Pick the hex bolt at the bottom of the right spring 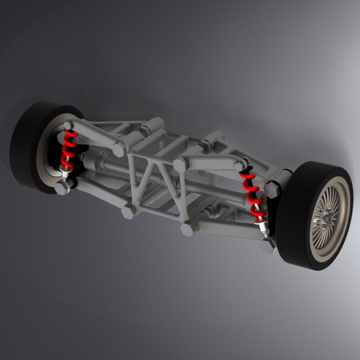coord(268,245)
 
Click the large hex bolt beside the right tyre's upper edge coord(272,189)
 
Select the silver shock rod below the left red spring coord(66,173)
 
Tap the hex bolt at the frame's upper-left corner coord(120,149)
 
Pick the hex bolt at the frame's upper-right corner coord(180,165)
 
